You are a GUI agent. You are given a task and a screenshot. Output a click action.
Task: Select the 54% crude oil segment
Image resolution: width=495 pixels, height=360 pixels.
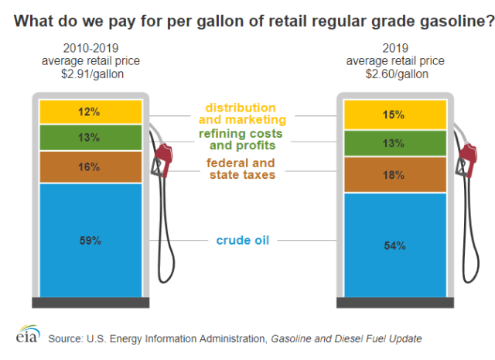[x=395, y=245]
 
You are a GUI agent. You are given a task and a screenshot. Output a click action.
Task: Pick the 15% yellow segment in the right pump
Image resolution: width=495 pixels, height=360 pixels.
[x=395, y=115]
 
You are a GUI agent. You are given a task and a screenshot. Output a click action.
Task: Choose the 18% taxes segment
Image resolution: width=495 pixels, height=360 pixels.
[x=395, y=175]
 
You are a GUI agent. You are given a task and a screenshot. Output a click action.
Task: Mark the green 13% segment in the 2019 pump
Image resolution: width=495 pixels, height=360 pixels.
[x=395, y=143]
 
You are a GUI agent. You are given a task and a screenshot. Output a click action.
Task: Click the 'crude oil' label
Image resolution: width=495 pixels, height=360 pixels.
[x=243, y=240]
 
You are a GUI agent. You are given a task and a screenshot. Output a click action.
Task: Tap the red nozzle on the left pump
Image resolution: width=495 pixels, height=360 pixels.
[x=162, y=159]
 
